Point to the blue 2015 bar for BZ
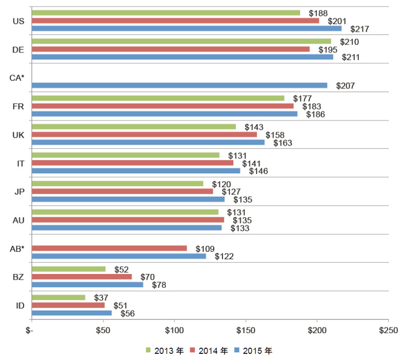87,284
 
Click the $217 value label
360,29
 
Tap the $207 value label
346,86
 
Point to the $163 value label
283,143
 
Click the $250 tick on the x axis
388,330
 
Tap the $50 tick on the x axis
103,330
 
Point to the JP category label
18,191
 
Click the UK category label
18,134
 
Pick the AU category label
18,220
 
